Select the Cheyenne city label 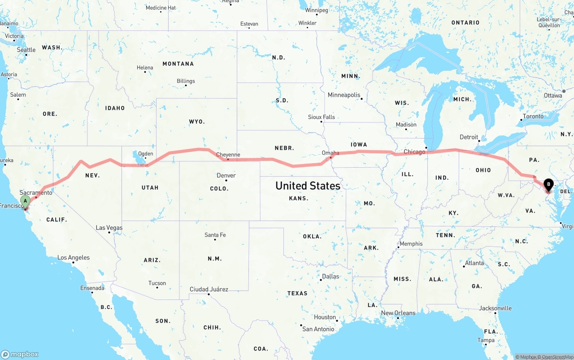(228, 155)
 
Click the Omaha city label (330, 153)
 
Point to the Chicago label (414, 152)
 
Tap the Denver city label (226, 175)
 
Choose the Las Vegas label (109, 228)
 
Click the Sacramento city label (36, 192)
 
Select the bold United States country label (308, 185)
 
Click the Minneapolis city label (344, 95)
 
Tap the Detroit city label (469, 137)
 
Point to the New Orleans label (398, 313)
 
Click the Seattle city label (26, 50)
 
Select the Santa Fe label (215, 235)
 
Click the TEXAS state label (297, 293)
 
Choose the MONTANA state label (178, 64)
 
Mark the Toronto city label (533, 116)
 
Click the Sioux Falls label (321, 117)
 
